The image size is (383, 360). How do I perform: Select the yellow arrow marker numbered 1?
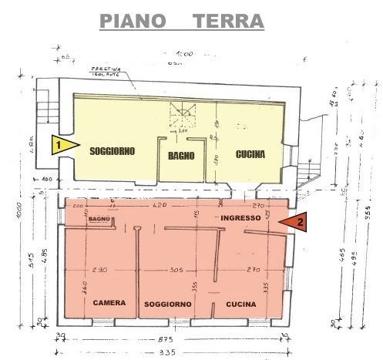pyautogui.click(x=61, y=143)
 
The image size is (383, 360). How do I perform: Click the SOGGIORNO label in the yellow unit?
pyautogui.click(x=112, y=151)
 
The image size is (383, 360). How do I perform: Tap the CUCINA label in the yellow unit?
pyautogui.click(x=250, y=154)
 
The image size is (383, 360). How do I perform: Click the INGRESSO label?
pyautogui.click(x=240, y=219)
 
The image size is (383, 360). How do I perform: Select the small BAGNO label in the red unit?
pyautogui.click(x=98, y=220)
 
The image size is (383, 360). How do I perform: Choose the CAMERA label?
pyautogui.click(x=109, y=303)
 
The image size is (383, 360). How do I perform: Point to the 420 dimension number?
pyautogui.click(x=160, y=206)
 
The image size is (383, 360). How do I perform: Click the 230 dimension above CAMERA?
pyautogui.click(x=97, y=270)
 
